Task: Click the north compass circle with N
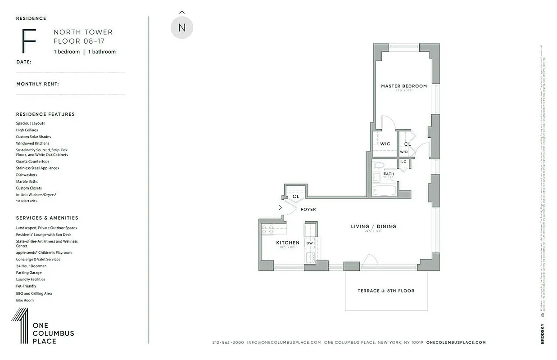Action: (182, 27)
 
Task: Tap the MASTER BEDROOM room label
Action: (404, 86)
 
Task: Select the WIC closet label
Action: (385, 144)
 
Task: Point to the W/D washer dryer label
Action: (404, 152)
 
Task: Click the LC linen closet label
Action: (404, 162)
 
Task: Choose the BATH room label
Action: (389, 174)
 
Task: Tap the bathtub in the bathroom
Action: (385, 190)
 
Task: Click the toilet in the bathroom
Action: (377, 165)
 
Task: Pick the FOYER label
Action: (308, 209)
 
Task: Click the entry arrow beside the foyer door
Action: (280, 207)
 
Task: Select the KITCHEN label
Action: (288, 243)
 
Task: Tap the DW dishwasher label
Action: (310, 243)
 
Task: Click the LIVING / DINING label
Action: (374, 226)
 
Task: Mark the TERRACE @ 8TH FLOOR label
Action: (386, 291)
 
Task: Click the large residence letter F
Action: (29, 41)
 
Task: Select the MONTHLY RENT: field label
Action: (38, 84)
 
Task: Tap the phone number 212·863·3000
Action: (228, 342)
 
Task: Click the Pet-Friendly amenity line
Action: (26, 286)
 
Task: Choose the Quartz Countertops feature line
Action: (33, 161)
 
